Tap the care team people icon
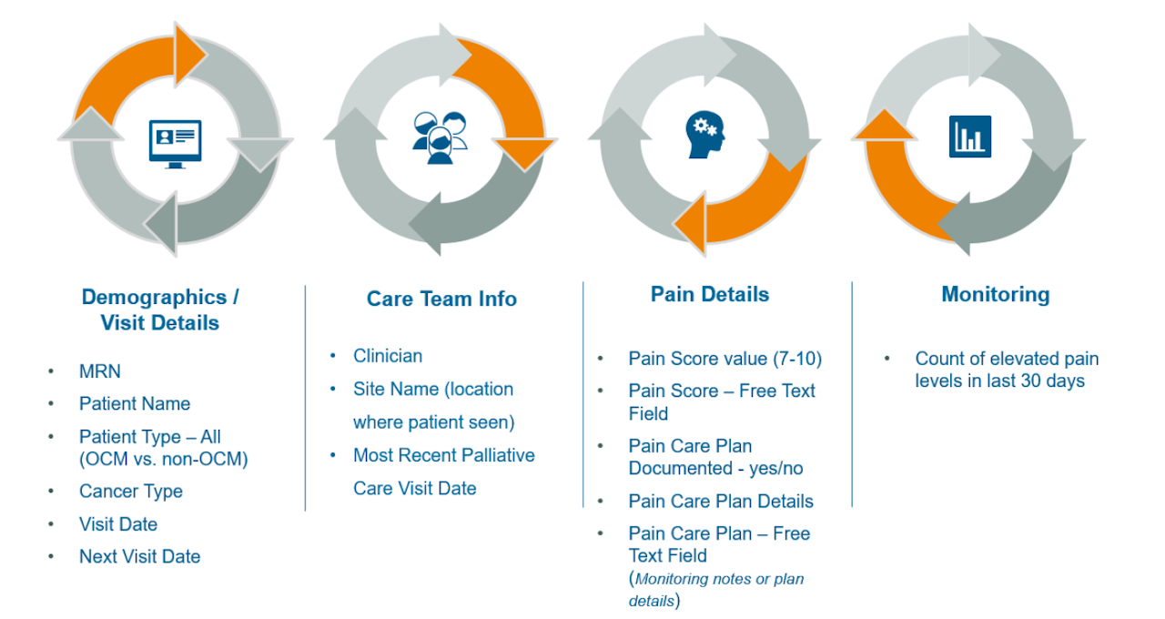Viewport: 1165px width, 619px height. pyautogui.click(x=440, y=137)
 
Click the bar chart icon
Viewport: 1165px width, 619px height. pyautogui.click(x=969, y=137)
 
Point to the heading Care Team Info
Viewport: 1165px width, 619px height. pyautogui.click(x=441, y=299)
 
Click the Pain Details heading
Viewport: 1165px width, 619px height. pyautogui.click(x=710, y=294)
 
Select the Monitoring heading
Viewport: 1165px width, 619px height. pyautogui.click(x=995, y=294)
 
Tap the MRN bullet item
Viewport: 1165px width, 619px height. pyautogui.click(x=99, y=371)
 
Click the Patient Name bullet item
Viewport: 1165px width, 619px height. pyautogui.click(x=135, y=403)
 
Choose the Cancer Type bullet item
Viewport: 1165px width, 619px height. pyautogui.click(x=131, y=492)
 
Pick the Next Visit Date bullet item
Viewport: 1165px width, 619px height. pyautogui.click(x=139, y=556)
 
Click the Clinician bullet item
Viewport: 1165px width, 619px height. pyautogui.click(x=388, y=356)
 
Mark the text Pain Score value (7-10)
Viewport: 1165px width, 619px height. pyautogui.click(x=724, y=359)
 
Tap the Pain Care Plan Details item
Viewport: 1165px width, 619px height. pyautogui.click(x=721, y=501)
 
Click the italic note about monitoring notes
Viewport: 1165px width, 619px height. pyautogui.click(x=716, y=589)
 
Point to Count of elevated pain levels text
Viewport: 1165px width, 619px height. pyautogui.click(x=1007, y=370)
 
